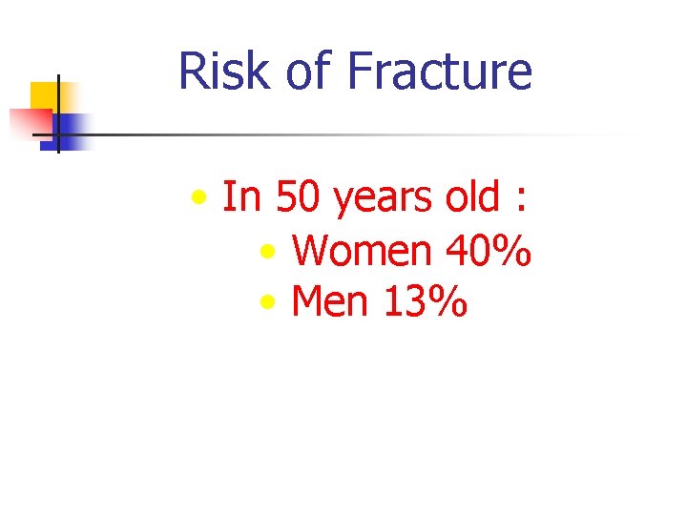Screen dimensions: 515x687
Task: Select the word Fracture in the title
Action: pos(439,72)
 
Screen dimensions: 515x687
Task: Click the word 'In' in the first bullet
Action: pos(242,197)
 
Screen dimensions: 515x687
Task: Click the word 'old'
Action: pos(472,197)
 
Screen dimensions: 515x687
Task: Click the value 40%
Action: pos(488,251)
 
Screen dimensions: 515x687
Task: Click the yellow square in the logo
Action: pos(45,94)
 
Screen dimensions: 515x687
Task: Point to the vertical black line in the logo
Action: pos(58,114)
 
